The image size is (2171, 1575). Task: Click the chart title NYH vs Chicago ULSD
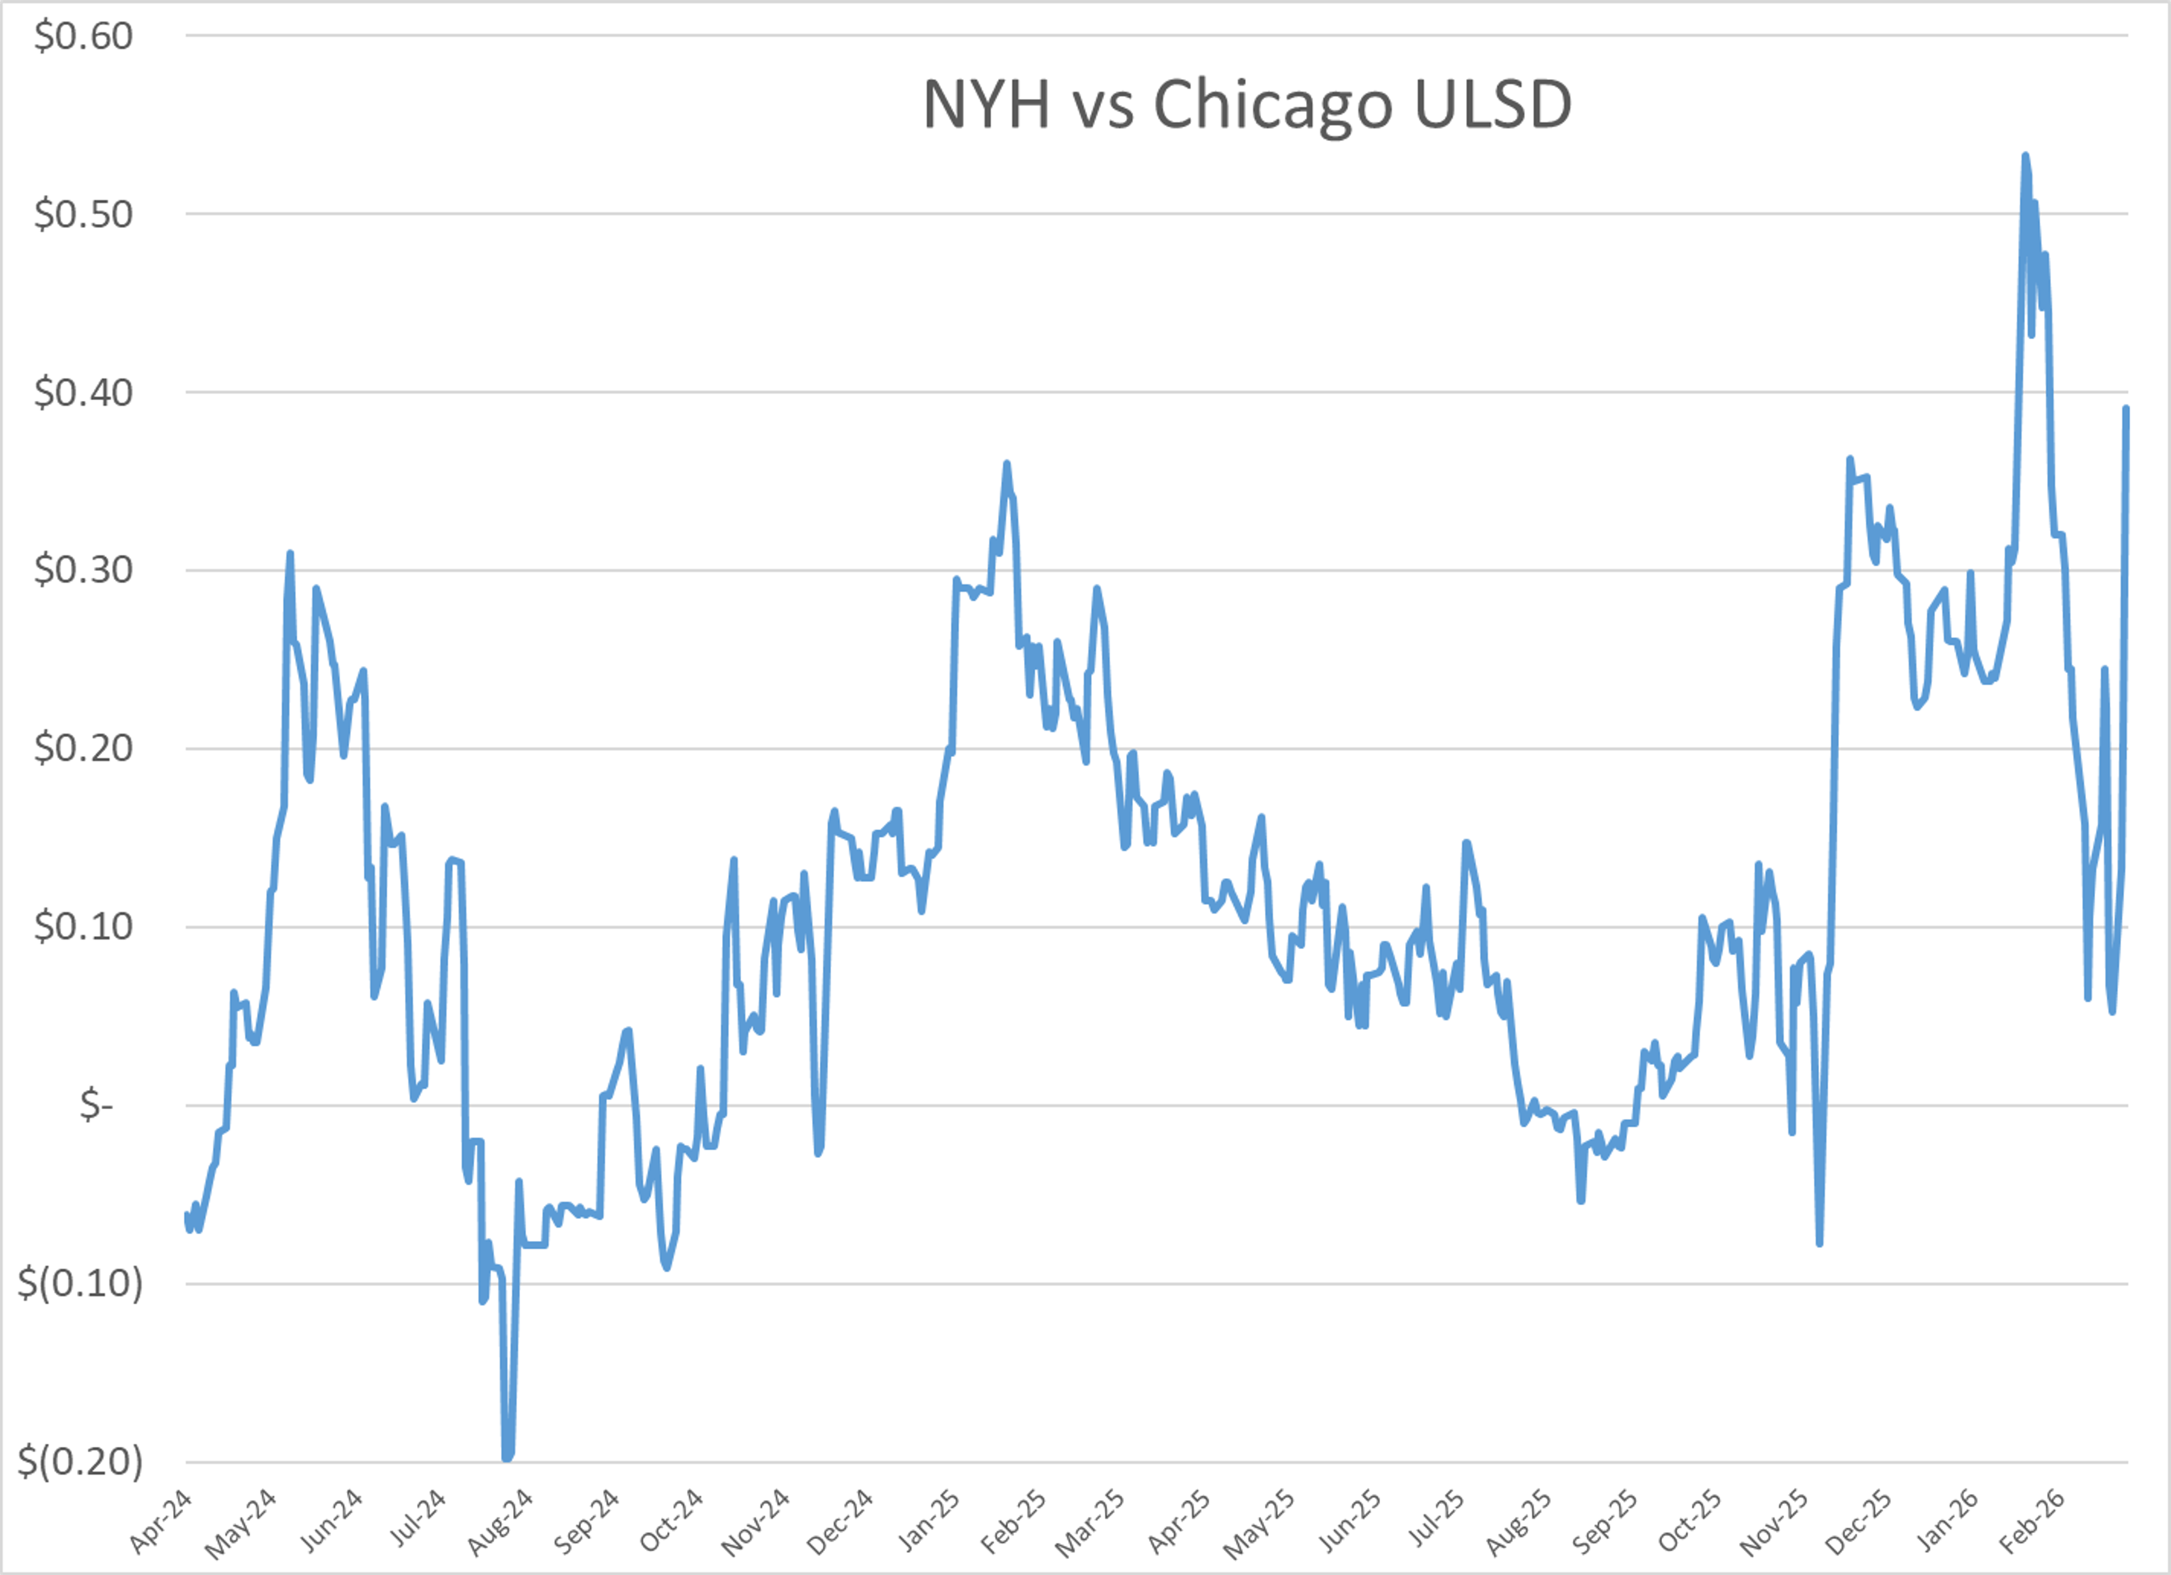[x=1246, y=105]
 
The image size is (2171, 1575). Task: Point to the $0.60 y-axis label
[x=83, y=36]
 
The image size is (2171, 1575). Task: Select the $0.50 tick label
[x=83, y=214]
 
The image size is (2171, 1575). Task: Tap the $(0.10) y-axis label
[x=80, y=1283]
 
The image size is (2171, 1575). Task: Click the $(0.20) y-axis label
[x=80, y=1461]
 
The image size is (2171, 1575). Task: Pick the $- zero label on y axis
[x=96, y=1106]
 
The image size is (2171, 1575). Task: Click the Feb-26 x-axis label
[x=2032, y=1522]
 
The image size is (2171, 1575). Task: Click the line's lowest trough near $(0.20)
[x=507, y=1458]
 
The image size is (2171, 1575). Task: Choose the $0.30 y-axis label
[x=83, y=570]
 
